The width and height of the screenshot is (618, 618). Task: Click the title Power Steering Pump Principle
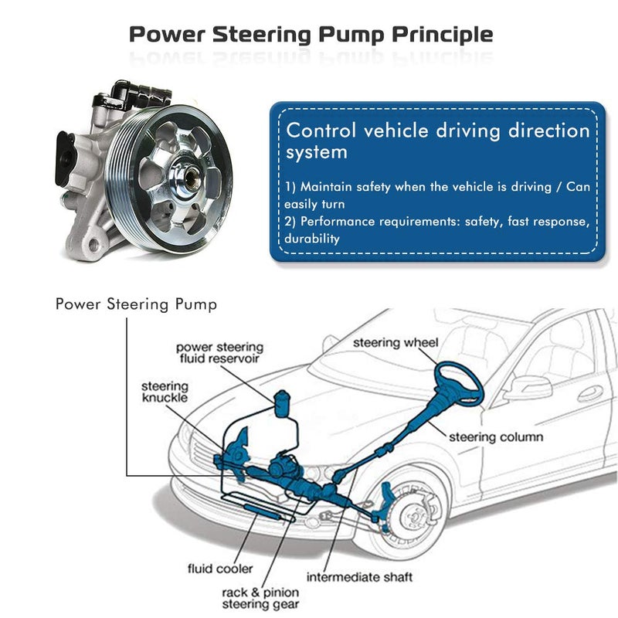tap(310, 35)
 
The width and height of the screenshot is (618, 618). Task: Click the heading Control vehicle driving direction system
tap(437, 140)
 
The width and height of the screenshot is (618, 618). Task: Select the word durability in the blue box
tap(312, 239)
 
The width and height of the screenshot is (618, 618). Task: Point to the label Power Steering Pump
tap(136, 304)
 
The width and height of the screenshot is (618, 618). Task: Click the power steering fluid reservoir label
tap(219, 353)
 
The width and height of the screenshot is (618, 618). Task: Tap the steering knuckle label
tap(165, 392)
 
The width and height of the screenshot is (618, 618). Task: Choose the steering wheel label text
tap(396, 342)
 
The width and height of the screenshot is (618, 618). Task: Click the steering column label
tap(496, 437)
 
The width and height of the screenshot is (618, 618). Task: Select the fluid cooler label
tap(219, 569)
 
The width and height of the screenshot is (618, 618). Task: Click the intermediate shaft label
tap(359, 577)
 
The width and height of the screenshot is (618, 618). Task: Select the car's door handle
tap(590, 393)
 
